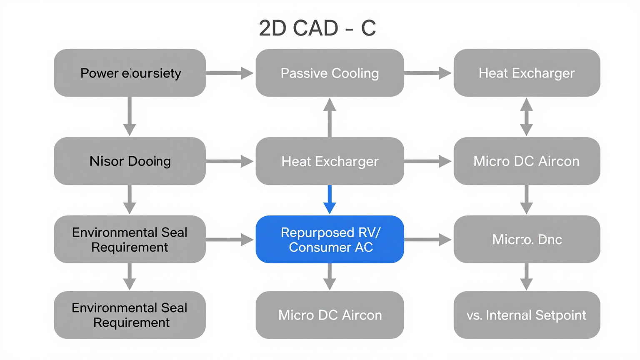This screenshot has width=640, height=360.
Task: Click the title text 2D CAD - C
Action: tap(317, 28)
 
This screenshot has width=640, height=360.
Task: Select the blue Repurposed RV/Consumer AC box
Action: tap(330, 239)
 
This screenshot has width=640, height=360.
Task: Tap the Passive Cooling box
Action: tap(330, 73)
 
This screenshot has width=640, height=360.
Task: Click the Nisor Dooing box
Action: tap(130, 161)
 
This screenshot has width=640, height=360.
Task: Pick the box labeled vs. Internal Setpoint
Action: tap(527, 315)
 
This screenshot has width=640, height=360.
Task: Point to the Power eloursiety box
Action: tap(130, 73)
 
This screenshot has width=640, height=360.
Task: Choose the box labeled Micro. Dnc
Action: tap(527, 239)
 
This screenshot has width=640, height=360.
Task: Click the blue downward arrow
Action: tap(330, 200)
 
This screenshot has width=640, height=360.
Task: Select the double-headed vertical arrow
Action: tap(527, 117)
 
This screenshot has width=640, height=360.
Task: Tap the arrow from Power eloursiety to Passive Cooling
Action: tap(230, 73)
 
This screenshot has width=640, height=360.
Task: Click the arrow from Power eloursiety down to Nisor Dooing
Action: tap(130, 117)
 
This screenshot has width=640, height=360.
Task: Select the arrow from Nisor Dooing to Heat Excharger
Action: tap(230, 161)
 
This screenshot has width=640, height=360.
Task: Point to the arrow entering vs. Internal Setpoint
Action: tap(527, 277)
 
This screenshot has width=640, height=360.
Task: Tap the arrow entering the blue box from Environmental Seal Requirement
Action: tap(230, 239)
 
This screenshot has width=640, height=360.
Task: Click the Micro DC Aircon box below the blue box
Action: tap(330, 315)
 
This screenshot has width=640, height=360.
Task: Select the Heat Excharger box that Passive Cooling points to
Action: tap(527, 73)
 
